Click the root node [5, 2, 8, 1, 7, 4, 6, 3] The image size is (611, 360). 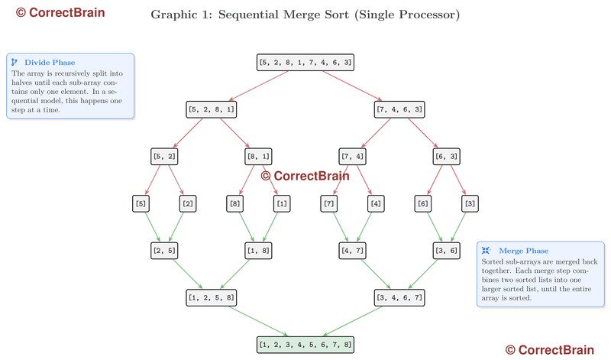coord(305,63)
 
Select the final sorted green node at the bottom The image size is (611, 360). coord(305,345)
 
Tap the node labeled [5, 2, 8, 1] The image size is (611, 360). coord(211,109)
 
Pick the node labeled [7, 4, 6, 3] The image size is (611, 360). coord(400,109)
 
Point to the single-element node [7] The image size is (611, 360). coord(329,204)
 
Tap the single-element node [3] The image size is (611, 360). coord(470,204)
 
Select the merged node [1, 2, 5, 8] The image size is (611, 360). coord(211,297)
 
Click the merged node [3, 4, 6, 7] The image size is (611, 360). coord(400,297)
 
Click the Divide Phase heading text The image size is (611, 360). coord(50,63)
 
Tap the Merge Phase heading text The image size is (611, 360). coord(523,251)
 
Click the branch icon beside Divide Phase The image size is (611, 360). coord(15,63)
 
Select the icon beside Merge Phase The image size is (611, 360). coord(485,251)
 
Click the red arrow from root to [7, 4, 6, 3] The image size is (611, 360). coord(353,86)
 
